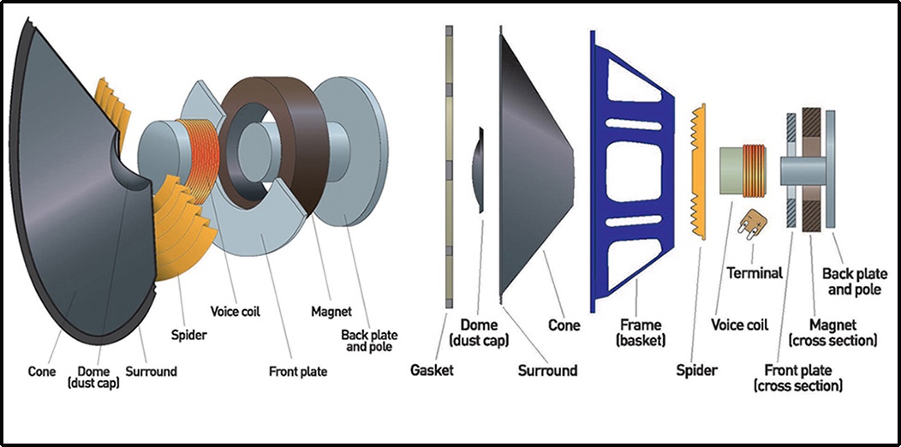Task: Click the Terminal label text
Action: click(755, 273)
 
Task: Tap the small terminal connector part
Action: click(753, 223)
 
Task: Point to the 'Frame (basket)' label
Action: click(641, 333)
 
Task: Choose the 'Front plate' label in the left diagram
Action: click(298, 372)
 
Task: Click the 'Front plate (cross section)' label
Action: click(797, 378)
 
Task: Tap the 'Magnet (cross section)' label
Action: click(843, 332)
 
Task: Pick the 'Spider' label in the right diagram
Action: click(696, 370)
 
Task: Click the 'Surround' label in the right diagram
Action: click(547, 370)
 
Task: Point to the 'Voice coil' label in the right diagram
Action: click(740, 325)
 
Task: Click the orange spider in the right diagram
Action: click(700, 171)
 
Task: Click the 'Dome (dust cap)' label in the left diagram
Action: click(93, 378)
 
